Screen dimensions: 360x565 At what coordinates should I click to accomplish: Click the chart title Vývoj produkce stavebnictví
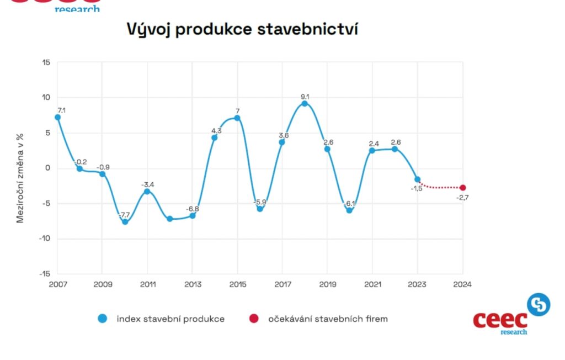(243, 29)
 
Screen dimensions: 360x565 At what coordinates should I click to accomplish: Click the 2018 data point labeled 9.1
(305, 104)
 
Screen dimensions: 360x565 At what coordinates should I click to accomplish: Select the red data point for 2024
(462, 188)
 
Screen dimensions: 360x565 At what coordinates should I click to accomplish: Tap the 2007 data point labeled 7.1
(57, 117)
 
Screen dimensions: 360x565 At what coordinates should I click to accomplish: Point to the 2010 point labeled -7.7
(125, 222)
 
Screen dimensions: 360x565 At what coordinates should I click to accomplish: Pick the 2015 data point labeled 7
(237, 118)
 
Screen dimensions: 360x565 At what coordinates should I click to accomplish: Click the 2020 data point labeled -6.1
(349, 210)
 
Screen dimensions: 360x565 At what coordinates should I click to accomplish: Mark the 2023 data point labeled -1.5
(417, 179)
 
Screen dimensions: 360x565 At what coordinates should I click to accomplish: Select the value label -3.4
(147, 184)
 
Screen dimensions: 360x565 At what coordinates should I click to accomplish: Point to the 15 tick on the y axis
(46, 62)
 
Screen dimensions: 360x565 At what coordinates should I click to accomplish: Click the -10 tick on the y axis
(44, 239)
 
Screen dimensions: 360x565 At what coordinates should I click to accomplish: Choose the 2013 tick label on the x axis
(192, 284)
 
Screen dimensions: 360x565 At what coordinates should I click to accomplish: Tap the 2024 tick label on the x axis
(462, 284)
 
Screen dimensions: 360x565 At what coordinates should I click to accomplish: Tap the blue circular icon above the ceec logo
(539, 304)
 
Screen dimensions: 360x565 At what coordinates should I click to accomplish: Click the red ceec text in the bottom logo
(500, 320)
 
